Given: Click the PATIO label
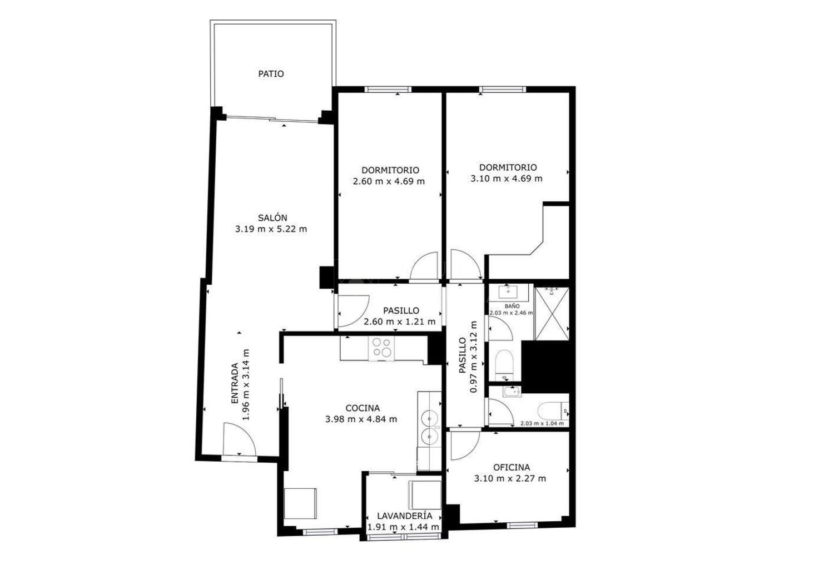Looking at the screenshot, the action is (x=271, y=74).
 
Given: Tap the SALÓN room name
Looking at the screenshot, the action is (x=272, y=217).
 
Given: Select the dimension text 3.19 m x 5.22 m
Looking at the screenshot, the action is (x=271, y=229).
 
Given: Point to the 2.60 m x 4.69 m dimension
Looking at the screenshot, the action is (x=389, y=181).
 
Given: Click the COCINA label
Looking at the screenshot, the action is (x=363, y=408).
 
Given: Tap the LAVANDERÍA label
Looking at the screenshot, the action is (x=405, y=516).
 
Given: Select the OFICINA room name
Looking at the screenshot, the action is (x=512, y=467).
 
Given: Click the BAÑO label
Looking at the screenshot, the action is (x=512, y=306).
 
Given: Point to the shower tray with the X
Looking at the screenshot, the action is (x=552, y=314).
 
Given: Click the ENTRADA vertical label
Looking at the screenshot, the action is (x=235, y=383).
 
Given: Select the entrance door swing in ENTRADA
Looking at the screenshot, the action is (x=240, y=439).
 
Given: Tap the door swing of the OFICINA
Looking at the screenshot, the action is (x=465, y=446).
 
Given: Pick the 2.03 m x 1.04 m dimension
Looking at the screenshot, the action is (x=542, y=423).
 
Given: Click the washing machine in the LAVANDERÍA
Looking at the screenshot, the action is (x=424, y=494).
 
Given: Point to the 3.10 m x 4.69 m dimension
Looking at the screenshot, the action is (x=507, y=179).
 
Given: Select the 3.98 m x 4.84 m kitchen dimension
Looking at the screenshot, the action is (x=361, y=419).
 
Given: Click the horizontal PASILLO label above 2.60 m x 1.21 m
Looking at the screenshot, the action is (x=401, y=310).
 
